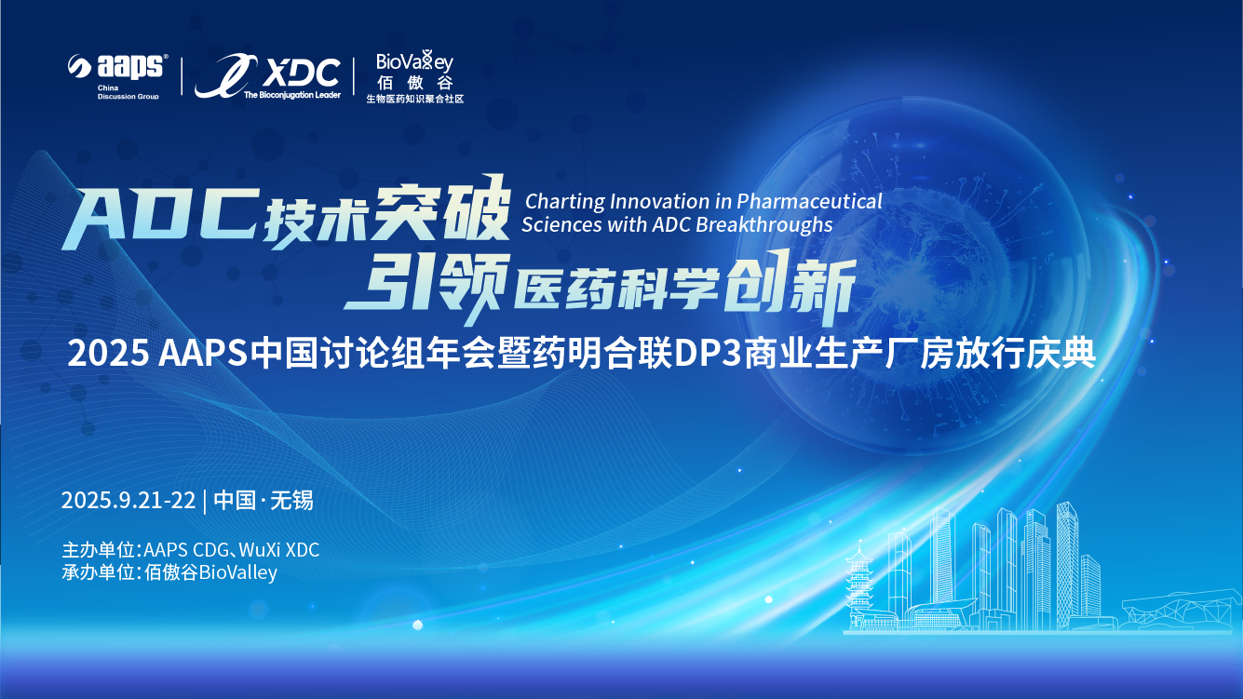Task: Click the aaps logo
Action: pyautogui.click(x=117, y=67)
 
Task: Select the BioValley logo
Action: pyautogui.click(x=414, y=63)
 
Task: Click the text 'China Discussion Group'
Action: pyautogui.click(x=128, y=92)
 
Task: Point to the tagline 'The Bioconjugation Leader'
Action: pyautogui.click(x=291, y=94)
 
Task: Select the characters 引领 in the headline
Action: pyautogui.click(x=425, y=283)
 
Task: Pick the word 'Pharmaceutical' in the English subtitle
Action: pyautogui.click(x=810, y=201)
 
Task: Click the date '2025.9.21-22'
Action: pyautogui.click(x=128, y=500)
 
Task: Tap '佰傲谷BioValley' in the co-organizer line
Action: pyautogui.click(x=211, y=572)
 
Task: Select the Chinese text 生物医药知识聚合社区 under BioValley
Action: pyautogui.click(x=414, y=98)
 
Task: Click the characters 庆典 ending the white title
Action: pyautogui.click(x=1067, y=355)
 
